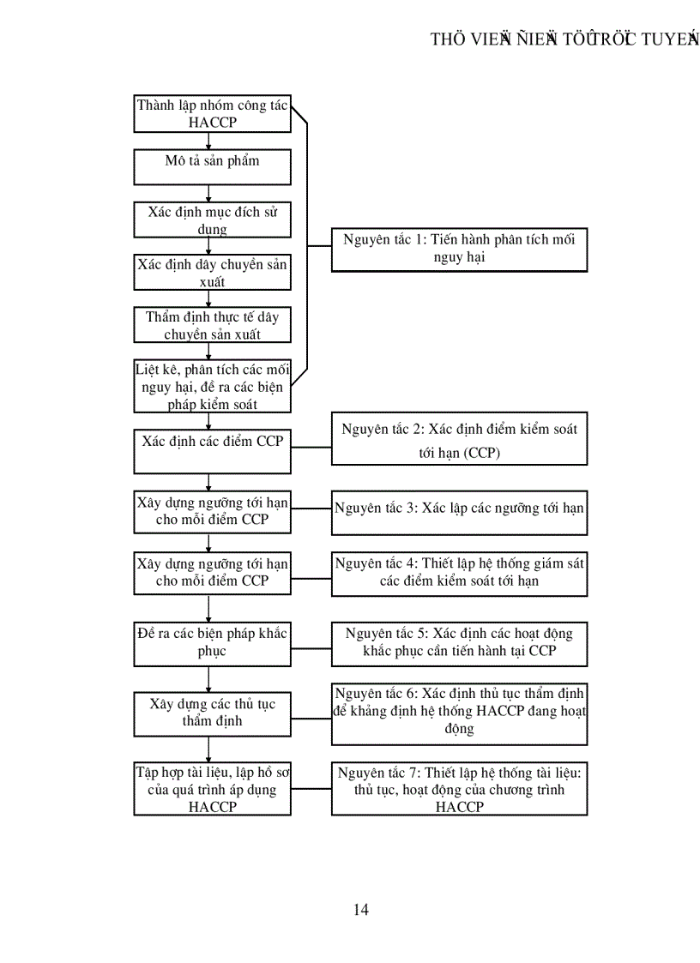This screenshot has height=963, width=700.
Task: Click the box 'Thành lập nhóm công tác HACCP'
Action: point(212,114)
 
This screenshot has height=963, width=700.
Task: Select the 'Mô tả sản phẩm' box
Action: point(212,166)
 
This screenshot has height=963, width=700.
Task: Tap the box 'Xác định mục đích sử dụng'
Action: point(212,220)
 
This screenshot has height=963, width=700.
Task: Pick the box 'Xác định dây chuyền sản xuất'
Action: point(212,273)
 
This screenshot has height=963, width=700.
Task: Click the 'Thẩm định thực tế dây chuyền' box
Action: point(212,326)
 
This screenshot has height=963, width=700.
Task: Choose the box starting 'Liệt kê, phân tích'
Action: point(212,386)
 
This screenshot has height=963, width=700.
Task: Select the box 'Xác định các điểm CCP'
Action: point(212,450)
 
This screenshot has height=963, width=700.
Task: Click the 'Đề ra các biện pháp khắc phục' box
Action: point(212,643)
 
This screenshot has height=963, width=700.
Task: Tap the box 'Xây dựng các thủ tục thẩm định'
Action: point(212,713)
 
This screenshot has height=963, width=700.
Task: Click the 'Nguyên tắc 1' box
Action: point(459,249)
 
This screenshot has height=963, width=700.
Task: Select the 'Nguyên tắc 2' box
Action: point(459,440)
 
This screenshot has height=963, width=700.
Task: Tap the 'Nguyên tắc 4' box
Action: point(459,573)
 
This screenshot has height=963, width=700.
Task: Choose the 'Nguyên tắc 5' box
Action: point(459,643)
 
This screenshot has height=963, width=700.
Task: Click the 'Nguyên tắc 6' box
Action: point(459,712)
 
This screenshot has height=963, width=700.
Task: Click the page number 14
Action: point(360,910)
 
